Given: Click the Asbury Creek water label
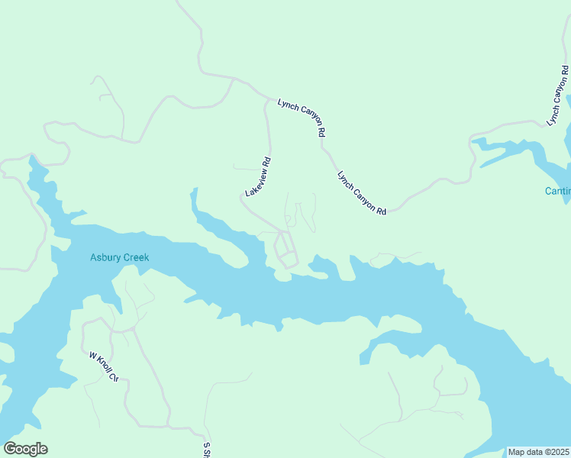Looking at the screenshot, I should click(119, 257).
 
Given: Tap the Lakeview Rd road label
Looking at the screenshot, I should click(259, 176).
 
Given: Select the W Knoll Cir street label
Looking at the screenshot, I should click(105, 366).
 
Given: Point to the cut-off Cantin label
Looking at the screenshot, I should click(557, 191).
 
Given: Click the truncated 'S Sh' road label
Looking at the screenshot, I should click(206, 449).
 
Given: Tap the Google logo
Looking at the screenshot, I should click(25, 449).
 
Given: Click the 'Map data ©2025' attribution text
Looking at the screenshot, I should click(538, 452).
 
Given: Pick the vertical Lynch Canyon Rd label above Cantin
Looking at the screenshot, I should click(559, 97).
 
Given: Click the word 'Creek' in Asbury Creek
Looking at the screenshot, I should click(134, 257).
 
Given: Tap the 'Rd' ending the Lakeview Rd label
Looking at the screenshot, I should click(267, 163).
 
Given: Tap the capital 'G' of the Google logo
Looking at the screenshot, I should click(10, 449).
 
